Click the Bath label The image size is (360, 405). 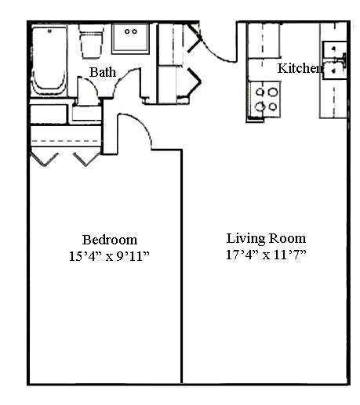[x=103, y=72]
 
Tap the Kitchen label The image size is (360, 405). [x=299, y=69]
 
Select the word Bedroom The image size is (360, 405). [x=110, y=240]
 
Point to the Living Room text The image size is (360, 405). [x=266, y=238]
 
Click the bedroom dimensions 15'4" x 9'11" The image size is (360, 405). [x=109, y=256]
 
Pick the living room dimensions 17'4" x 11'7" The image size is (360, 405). [x=266, y=255]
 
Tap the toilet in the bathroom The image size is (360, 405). [x=91, y=43]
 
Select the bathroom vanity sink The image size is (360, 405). [x=131, y=38]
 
